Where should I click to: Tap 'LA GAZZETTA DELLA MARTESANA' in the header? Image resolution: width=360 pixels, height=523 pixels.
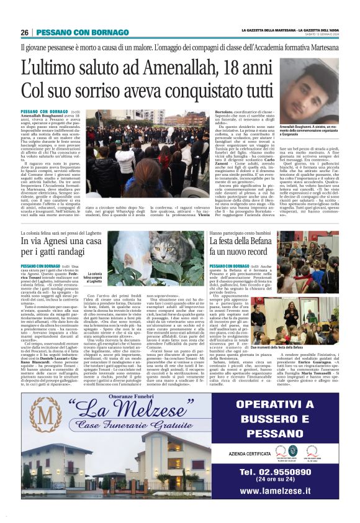[x=269, y=30]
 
